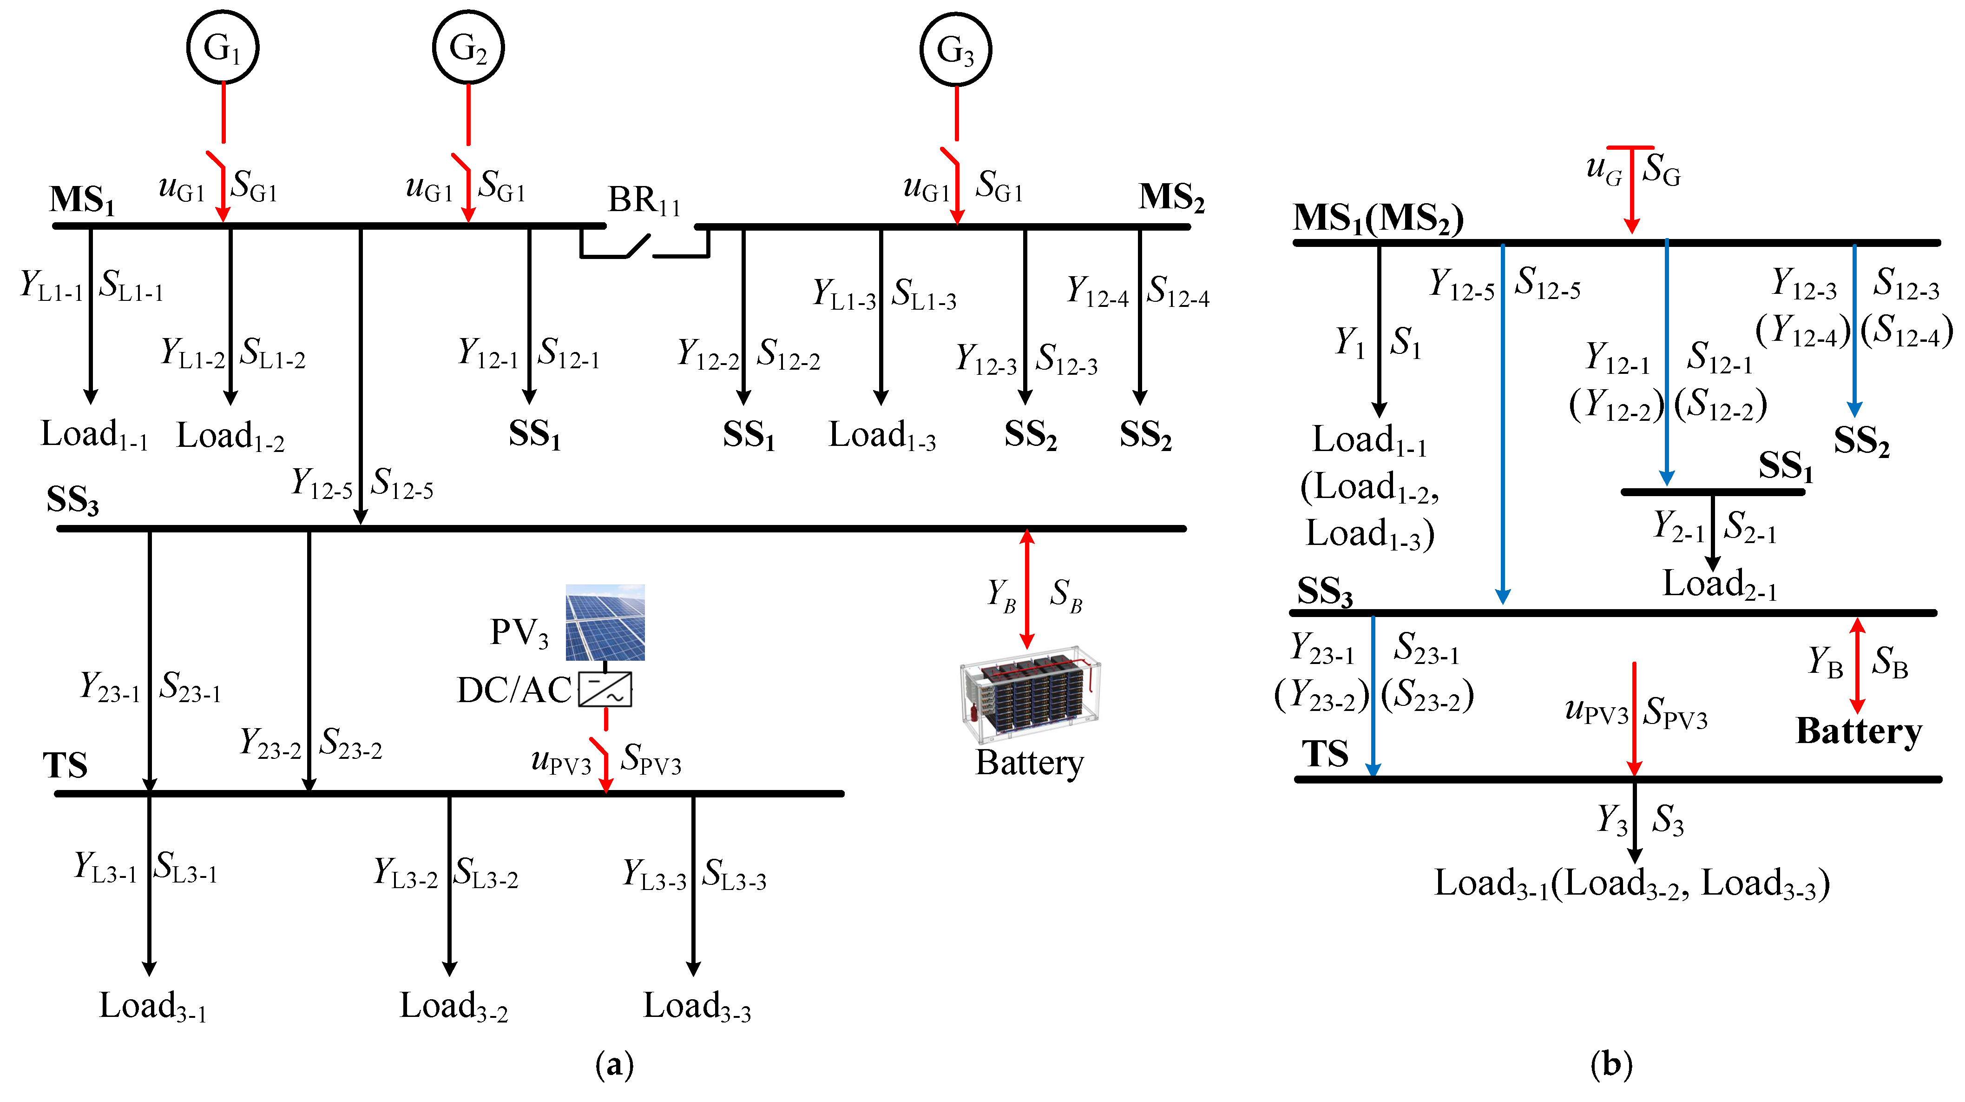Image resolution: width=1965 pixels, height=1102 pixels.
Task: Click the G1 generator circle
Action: point(223,47)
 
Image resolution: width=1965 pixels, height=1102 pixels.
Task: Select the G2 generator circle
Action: point(467,47)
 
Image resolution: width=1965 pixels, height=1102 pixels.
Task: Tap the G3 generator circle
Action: point(956,50)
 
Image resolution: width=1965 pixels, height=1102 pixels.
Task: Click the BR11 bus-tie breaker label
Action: point(643,201)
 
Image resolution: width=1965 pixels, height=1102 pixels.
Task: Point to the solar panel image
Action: point(605,622)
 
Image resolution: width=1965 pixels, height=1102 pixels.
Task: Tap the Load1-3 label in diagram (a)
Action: point(882,436)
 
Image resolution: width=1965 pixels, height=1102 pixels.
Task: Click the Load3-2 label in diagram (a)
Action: point(453,1007)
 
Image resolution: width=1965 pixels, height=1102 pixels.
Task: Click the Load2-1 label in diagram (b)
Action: point(1719,585)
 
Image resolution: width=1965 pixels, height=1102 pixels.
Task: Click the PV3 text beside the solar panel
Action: point(519,633)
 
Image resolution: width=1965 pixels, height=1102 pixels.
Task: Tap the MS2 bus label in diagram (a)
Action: point(1171,198)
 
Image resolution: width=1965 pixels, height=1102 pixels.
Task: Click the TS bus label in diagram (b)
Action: point(1325,754)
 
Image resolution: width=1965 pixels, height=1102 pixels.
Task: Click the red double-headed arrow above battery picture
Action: point(1027,589)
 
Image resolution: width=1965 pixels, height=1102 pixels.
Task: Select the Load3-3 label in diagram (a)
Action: point(697,1007)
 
